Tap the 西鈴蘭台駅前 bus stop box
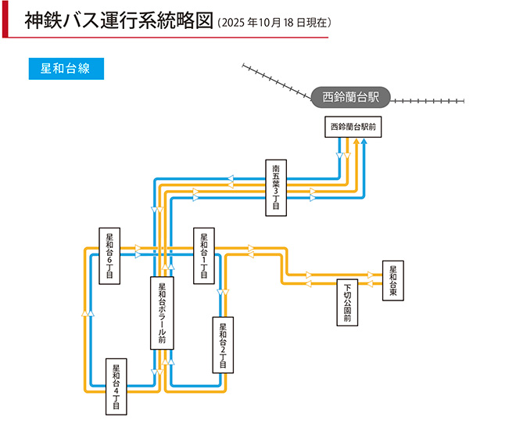pos(353,127)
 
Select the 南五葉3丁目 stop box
pos(277,189)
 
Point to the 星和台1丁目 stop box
pos(204,256)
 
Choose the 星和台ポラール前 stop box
pos(162,313)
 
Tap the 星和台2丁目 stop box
pos(223,343)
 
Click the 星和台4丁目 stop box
pos(116,386)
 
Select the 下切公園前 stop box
pos(347,302)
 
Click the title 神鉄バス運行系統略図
pos(119,20)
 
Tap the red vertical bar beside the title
pos(5,19)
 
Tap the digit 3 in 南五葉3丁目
pos(277,192)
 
